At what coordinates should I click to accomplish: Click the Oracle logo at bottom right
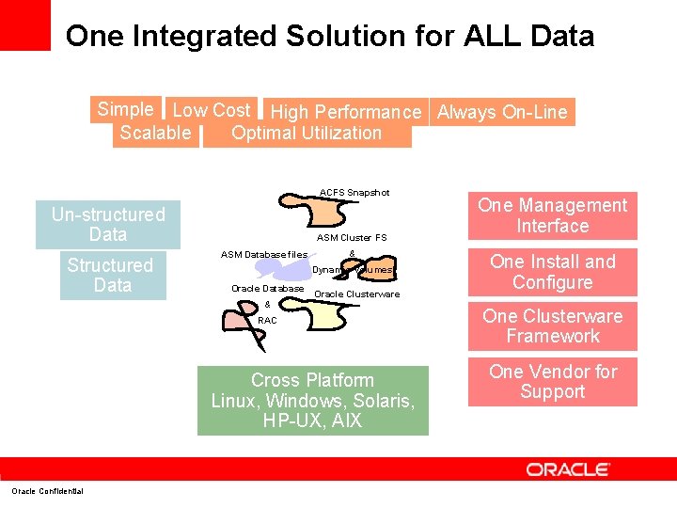568,468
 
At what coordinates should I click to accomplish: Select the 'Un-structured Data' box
108,225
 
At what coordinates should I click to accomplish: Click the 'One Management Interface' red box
552,215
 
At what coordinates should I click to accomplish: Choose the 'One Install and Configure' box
552,272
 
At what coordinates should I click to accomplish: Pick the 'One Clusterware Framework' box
552,326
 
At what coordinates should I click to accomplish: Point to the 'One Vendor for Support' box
552,381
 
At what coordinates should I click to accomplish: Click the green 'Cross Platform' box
312,400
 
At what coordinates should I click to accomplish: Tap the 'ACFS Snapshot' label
354,193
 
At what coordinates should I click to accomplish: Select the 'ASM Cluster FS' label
352,238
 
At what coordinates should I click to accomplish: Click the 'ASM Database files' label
263,254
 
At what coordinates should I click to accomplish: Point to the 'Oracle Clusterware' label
356,294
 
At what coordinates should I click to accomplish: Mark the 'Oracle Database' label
267,288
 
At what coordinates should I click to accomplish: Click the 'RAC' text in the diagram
267,320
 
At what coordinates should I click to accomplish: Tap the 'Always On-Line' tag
502,112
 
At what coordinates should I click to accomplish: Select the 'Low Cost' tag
212,110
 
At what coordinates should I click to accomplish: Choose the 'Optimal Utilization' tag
307,134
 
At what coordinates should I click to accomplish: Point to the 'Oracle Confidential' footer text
47,491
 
